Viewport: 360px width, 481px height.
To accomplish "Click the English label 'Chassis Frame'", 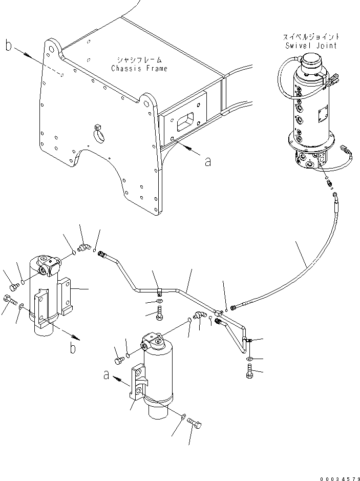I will [139, 69].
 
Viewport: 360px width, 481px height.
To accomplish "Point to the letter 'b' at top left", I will [9, 46].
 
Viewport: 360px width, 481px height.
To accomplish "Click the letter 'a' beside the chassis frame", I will [207, 162].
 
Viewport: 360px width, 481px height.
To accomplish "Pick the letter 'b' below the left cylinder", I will [73, 348].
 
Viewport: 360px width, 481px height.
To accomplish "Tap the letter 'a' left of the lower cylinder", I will [106, 375].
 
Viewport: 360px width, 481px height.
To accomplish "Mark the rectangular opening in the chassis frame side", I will [185, 123].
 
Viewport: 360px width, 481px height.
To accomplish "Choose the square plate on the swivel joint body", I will [323, 115].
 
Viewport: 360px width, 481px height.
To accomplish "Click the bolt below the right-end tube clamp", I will [249, 375].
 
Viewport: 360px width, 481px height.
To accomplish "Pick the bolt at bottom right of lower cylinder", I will [195, 423].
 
